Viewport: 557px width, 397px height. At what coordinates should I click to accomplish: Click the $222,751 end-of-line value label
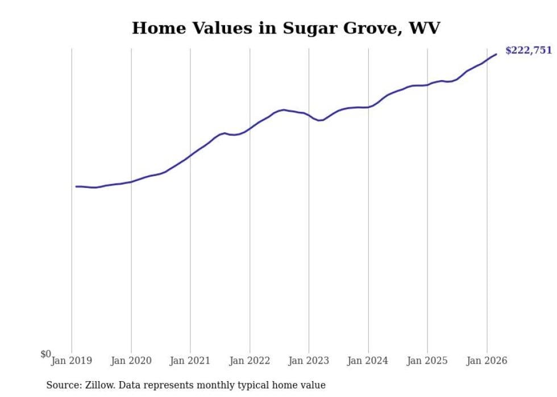[x=528, y=51]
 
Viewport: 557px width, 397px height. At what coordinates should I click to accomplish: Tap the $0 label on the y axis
[x=45, y=354]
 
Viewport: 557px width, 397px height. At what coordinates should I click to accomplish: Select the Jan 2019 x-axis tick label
[x=72, y=361]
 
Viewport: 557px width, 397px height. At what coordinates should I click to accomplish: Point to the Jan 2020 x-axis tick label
[x=131, y=361]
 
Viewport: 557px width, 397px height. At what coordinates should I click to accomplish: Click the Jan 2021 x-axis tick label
[x=190, y=361]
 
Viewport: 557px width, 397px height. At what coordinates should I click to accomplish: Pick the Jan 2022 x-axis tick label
[x=250, y=361]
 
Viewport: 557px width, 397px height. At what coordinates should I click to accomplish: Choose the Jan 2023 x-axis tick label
[x=309, y=361]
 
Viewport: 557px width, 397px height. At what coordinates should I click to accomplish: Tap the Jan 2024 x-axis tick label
[x=368, y=361]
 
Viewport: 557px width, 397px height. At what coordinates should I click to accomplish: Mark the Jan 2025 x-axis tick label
[x=427, y=361]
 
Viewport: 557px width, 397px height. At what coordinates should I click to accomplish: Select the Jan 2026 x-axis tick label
[x=487, y=361]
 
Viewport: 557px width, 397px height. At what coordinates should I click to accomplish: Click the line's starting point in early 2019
[x=76, y=186]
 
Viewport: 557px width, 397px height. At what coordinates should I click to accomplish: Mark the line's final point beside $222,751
[x=496, y=54]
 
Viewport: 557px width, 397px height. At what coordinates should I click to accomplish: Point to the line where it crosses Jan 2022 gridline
[x=250, y=128]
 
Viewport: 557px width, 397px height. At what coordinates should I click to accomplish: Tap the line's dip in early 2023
[x=319, y=120]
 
